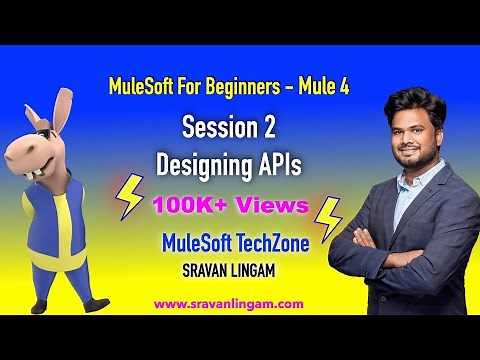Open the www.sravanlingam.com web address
pos(241,301)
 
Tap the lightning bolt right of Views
pos(328,218)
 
